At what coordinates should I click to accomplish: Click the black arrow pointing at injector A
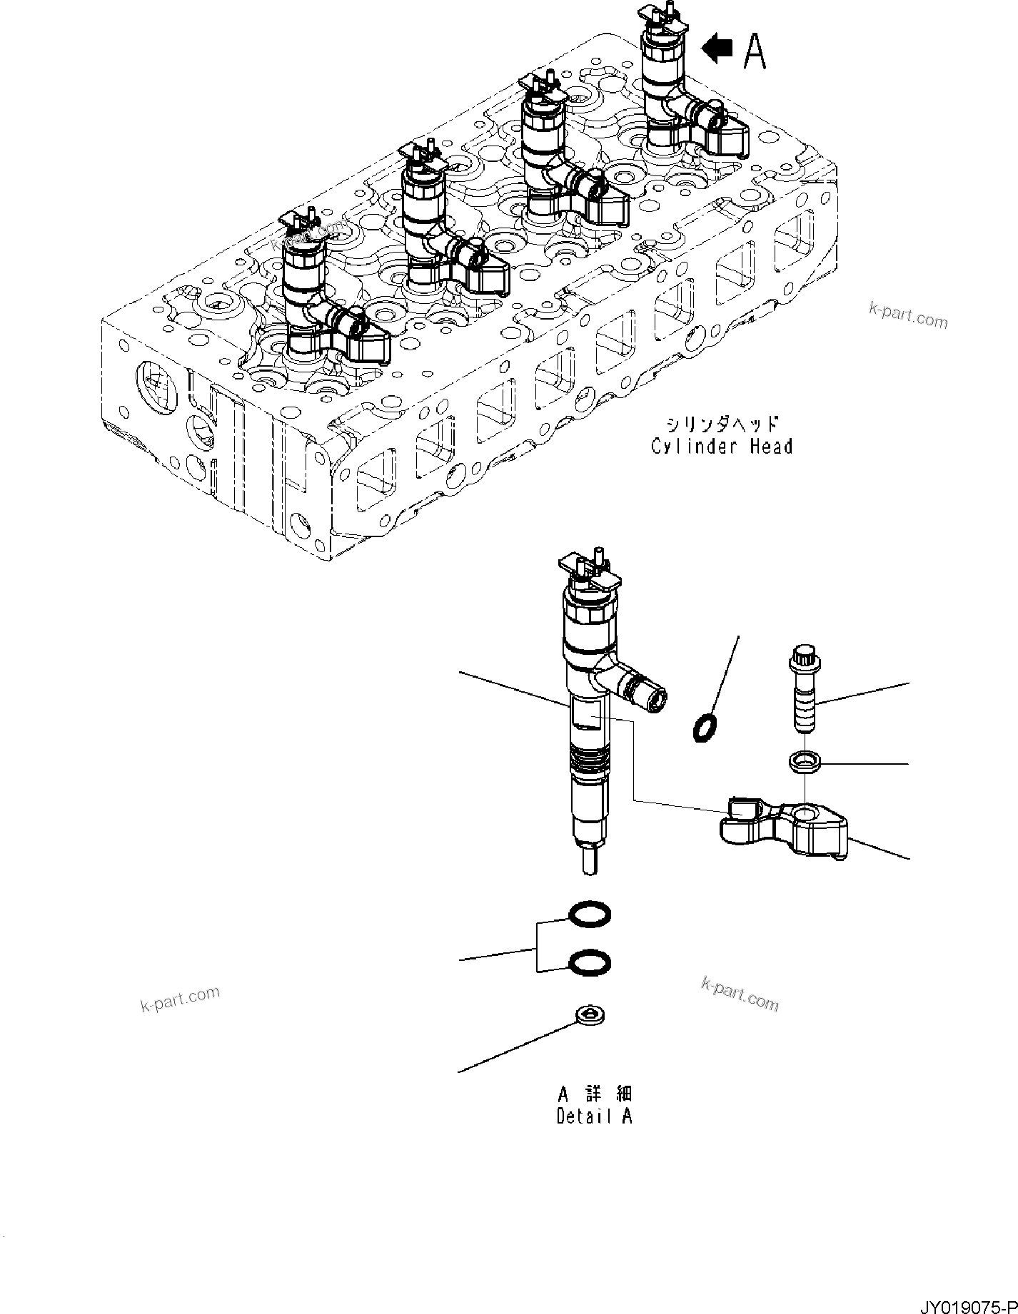coord(717,49)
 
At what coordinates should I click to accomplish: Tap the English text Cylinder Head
coord(721,447)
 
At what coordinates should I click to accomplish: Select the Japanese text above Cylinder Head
coord(721,425)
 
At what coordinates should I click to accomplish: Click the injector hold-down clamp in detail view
coord(785,827)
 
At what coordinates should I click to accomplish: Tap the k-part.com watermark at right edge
coord(908,315)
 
